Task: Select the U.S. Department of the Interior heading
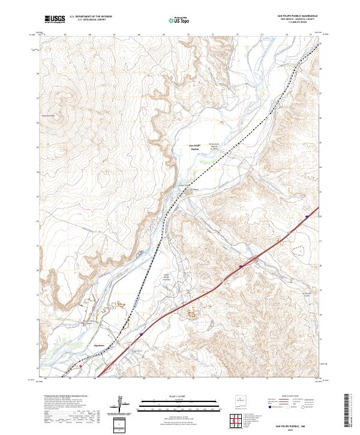[91, 16]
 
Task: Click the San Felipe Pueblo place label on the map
[194, 148]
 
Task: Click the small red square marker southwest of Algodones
[80, 364]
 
